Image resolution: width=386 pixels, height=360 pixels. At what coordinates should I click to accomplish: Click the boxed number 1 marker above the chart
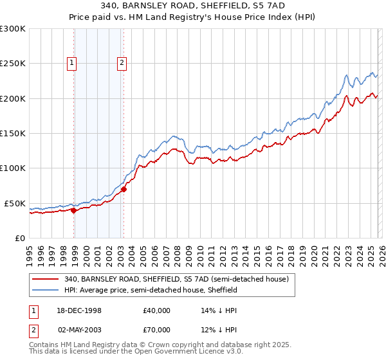click(71, 62)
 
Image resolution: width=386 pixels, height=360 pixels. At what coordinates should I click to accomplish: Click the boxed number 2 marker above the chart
click(121, 62)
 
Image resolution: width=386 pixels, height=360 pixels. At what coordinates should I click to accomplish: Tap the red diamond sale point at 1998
click(74, 210)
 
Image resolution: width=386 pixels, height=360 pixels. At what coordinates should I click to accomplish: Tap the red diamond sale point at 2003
click(124, 189)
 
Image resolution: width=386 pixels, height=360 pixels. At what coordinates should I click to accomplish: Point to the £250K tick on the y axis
click(13, 64)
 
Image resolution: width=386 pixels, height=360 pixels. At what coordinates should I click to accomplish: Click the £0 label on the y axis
click(19, 238)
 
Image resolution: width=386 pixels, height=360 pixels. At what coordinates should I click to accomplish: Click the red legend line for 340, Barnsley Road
click(46, 280)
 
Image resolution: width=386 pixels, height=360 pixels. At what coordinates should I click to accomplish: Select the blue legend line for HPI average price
click(46, 290)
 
